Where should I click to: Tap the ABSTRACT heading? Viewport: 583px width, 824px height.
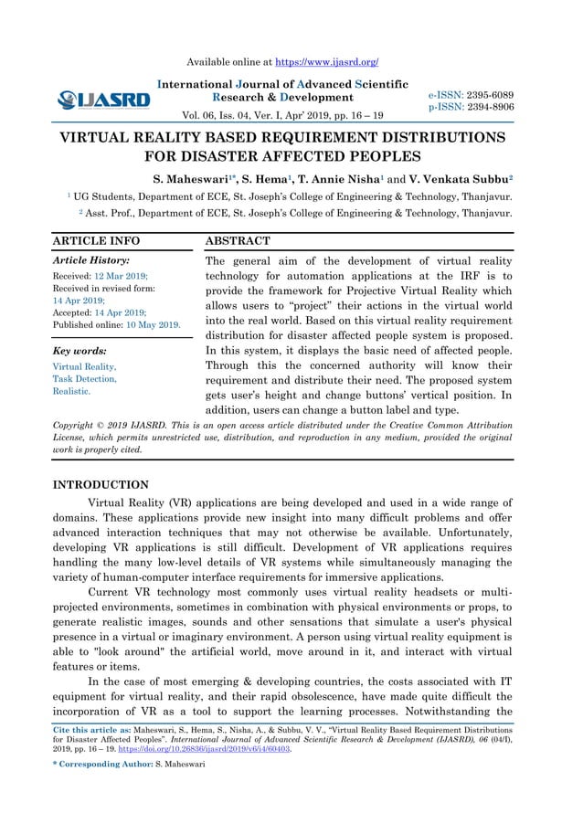coord(238,241)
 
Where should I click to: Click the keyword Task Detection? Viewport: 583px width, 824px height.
coord(85,378)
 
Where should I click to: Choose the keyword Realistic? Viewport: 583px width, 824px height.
coord(71,391)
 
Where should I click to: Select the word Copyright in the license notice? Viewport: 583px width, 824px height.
coord(78,426)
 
